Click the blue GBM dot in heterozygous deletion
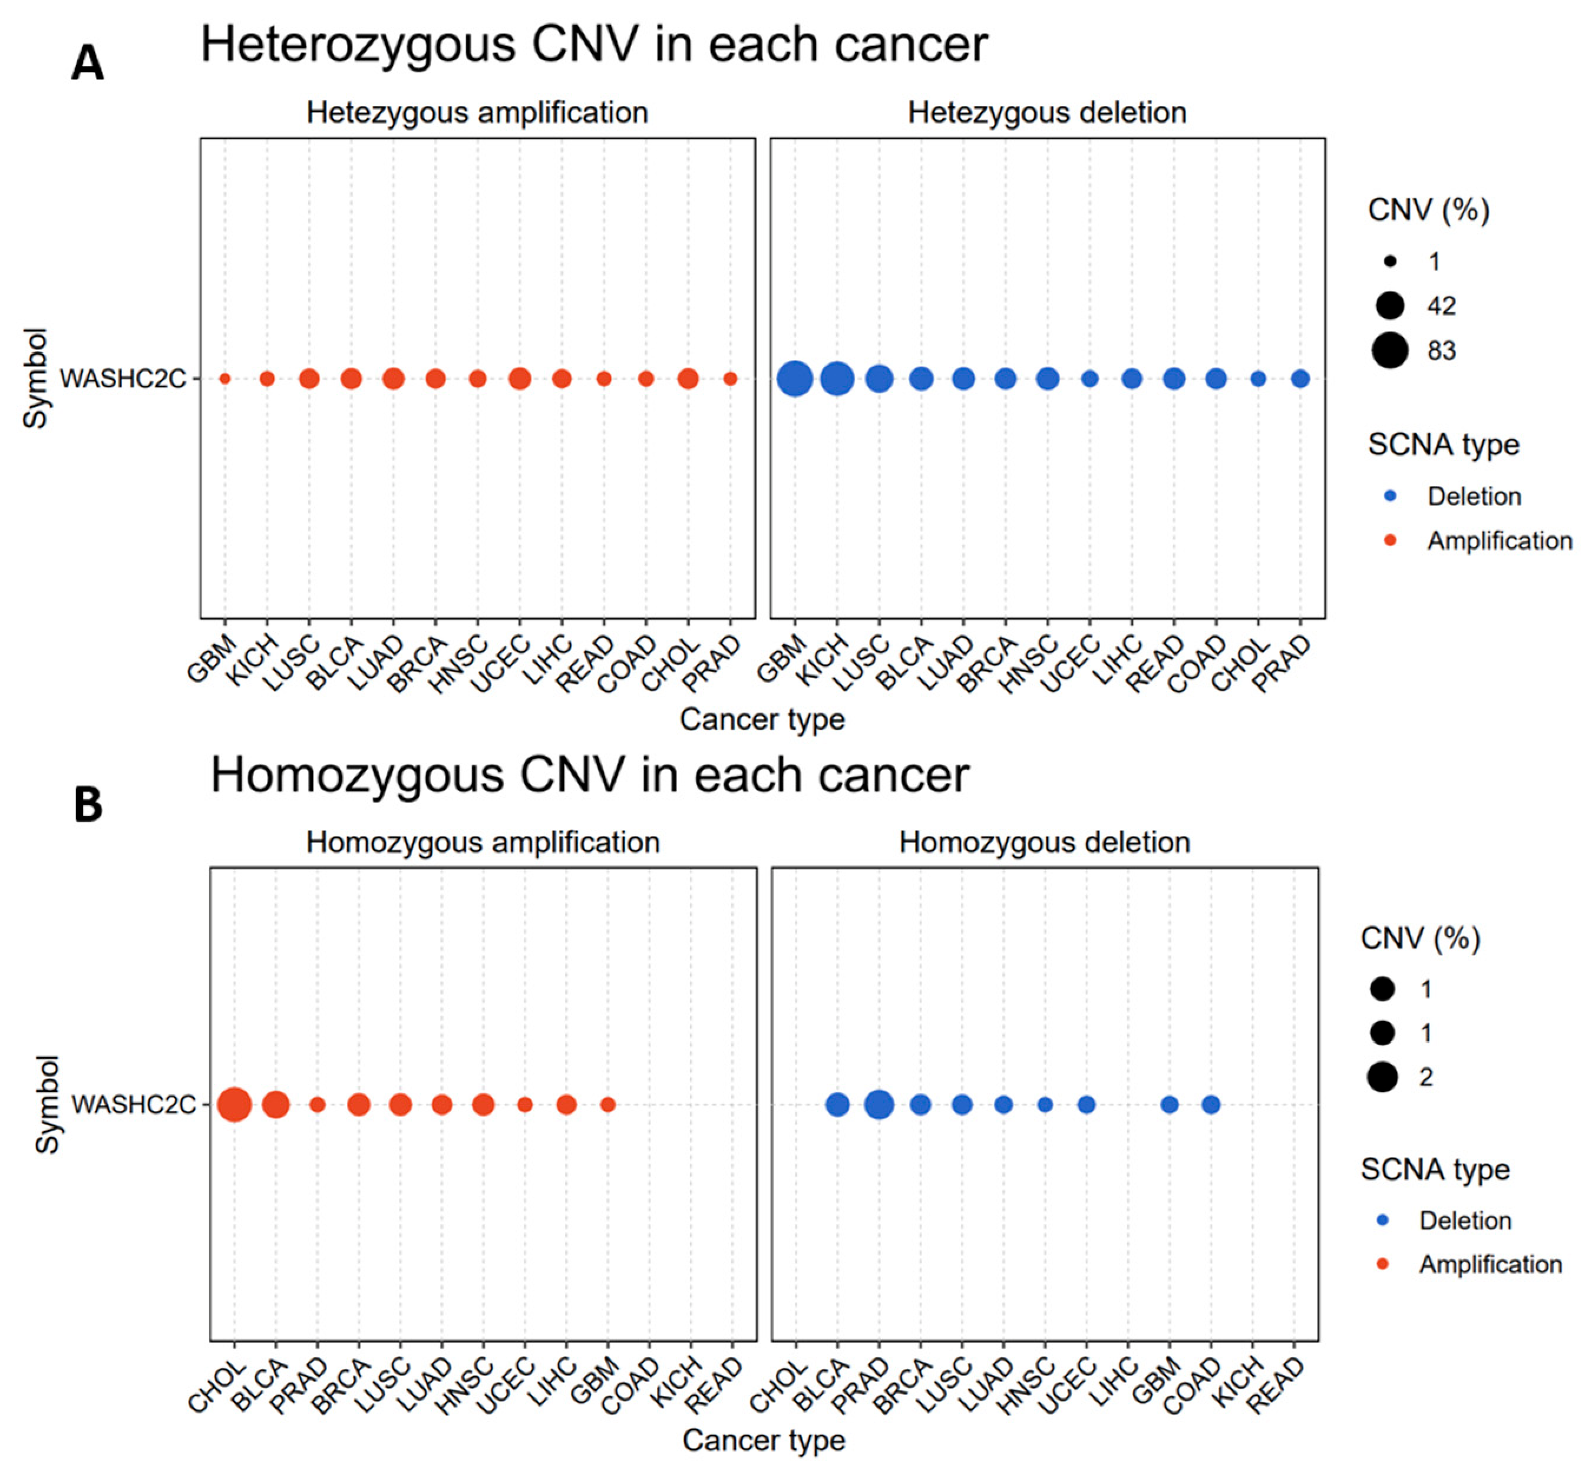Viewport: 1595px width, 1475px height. (x=794, y=378)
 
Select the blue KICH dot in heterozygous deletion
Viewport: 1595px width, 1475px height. (x=837, y=378)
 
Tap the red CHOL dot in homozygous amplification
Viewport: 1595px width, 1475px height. (x=235, y=1104)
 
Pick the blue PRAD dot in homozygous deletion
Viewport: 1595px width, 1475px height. (x=879, y=1104)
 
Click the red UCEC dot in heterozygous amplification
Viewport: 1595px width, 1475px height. (x=520, y=378)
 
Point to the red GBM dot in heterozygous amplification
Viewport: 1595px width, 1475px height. (x=225, y=378)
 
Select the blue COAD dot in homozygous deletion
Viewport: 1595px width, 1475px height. (x=1211, y=1104)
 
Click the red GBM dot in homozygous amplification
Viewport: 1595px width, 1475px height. (x=607, y=1104)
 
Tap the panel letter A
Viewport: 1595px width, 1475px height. (x=88, y=63)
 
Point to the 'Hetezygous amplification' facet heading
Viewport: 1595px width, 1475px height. (x=477, y=113)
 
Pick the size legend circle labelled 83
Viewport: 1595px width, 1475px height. (x=1390, y=350)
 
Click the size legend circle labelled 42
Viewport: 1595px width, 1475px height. (x=1390, y=305)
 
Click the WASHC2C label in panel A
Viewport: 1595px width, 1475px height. (x=123, y=378)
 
